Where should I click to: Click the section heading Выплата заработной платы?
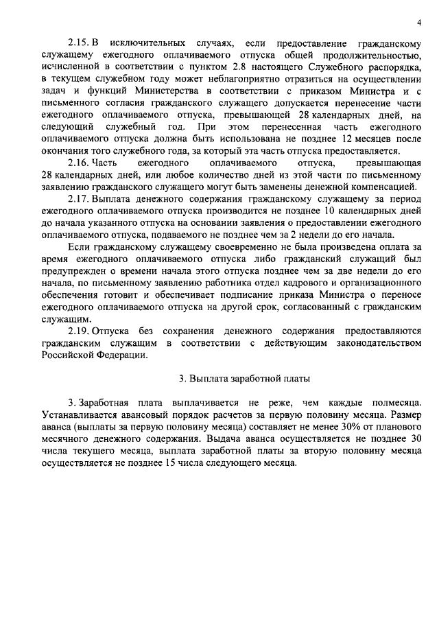pyautogui.click(x=246, y=378)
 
